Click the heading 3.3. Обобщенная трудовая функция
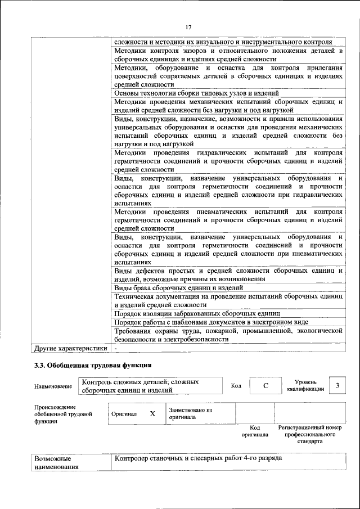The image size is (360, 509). point(93,366)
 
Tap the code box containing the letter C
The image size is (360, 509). point(265,386)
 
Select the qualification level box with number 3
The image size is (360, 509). point(337,385)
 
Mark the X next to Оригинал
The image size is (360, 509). point(152,413)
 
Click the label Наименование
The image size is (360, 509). point(53,386)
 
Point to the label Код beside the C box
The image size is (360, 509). point(236,386)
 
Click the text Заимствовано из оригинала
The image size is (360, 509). point(190,414)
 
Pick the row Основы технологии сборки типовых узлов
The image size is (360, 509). point(196,93)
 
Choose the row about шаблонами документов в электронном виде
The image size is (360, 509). point(211,322)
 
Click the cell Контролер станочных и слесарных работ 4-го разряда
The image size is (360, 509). point(197,458)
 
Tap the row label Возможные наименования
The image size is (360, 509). point(56,463)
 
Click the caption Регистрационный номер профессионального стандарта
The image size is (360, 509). point(310,435)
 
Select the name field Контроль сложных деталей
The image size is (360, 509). point(141,386)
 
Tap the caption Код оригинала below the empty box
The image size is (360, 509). point(255,431)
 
